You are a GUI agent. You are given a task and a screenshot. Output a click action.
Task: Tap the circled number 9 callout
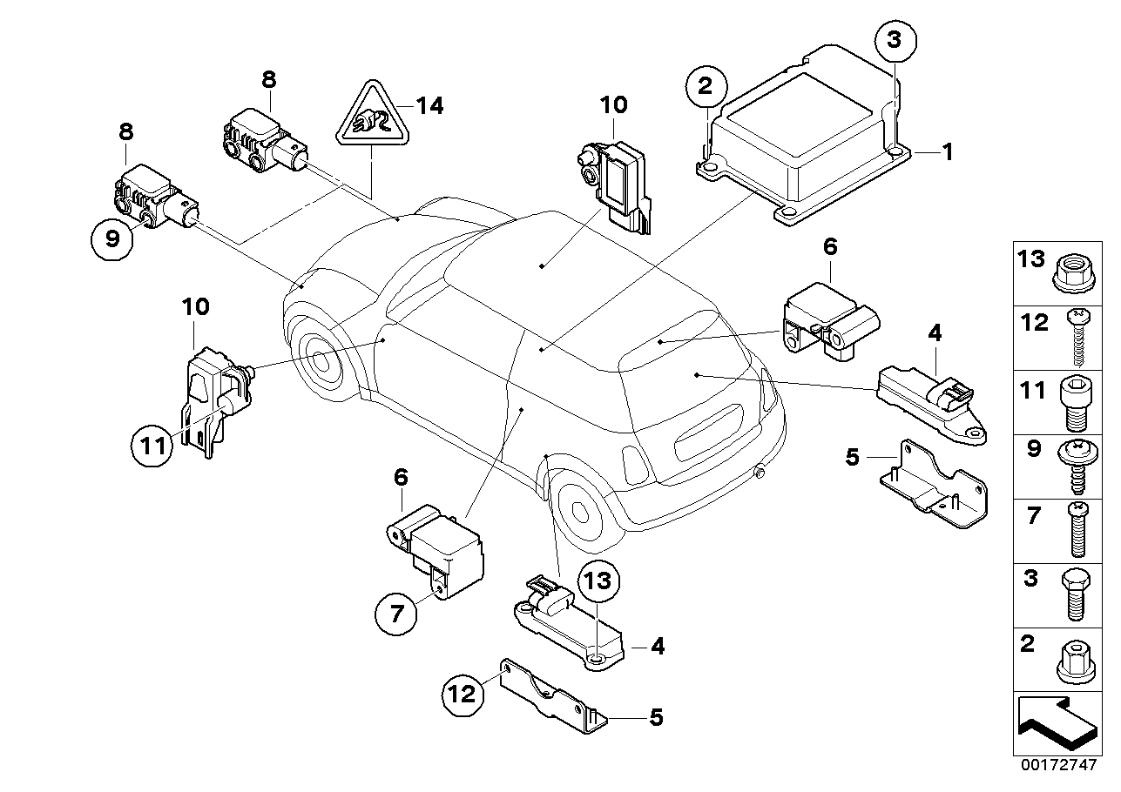[112, 238]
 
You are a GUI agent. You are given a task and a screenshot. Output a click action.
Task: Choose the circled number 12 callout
[463, 695]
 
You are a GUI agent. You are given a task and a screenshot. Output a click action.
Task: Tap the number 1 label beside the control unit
[946, 152]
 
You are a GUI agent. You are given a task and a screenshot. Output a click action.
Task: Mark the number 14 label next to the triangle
[429, 106]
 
